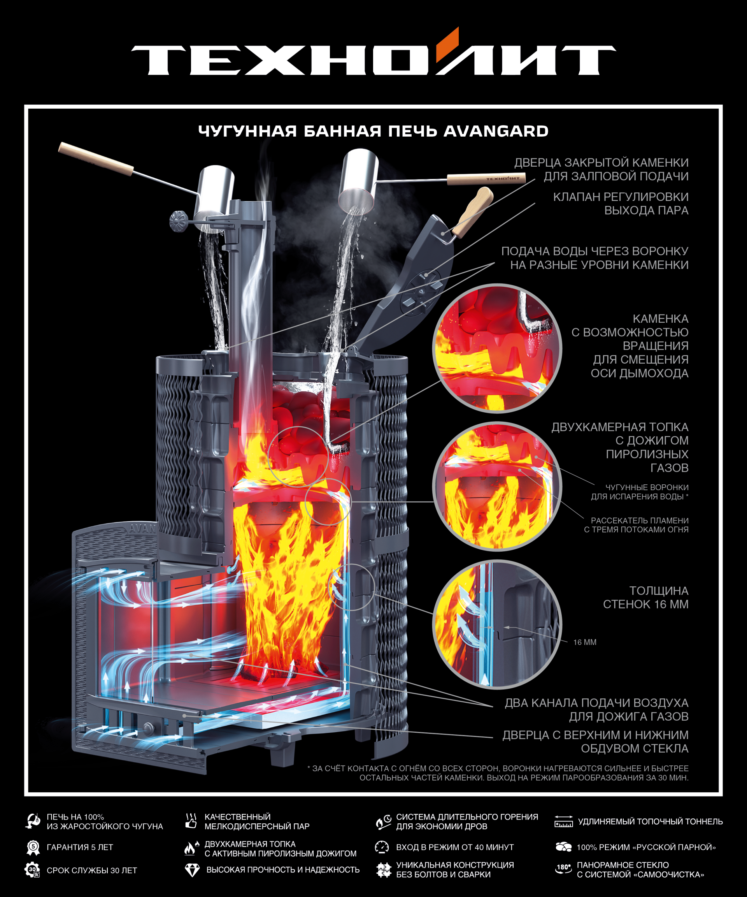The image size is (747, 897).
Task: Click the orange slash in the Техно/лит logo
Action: click(447, 44)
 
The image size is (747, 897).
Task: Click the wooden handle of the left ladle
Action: click(96, 159)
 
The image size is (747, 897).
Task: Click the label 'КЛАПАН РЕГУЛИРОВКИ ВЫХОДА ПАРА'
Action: click(621, 203)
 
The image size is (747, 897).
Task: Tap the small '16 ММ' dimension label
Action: click(585, 642)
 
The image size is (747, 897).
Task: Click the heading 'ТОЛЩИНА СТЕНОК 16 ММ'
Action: click(645, 597)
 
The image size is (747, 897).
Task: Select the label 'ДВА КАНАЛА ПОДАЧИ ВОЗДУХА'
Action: click(596, 703)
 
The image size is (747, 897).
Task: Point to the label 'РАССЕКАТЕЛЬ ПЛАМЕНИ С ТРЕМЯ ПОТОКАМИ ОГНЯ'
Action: click(636, 525)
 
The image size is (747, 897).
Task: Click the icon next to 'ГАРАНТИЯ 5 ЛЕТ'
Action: click(33, 848)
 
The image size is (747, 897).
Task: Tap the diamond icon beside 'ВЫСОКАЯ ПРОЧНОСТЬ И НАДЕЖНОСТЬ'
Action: click(192, 870)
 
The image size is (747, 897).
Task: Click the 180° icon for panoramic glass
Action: click(563, 869)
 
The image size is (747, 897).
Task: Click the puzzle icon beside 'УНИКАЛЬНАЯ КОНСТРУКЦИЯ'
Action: click(383, 870)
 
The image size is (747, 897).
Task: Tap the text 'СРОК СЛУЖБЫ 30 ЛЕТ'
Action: click(92, 871)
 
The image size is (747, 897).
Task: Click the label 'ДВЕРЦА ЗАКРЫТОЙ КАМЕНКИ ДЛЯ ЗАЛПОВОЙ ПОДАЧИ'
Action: click(601, 169)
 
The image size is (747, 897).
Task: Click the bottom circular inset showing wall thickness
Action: click(497, 624)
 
